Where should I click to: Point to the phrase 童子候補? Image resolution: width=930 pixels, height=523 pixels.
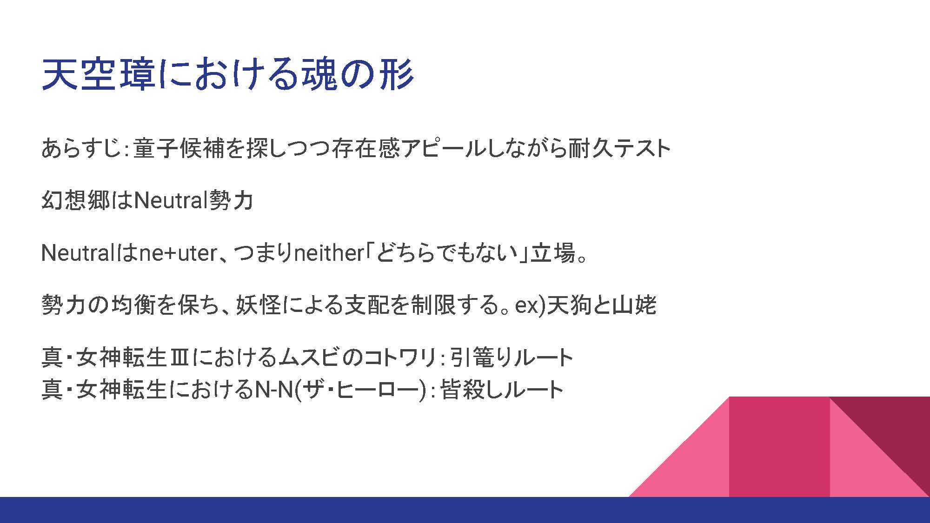click(x=179, y=149)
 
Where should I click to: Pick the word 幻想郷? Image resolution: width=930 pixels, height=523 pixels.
click(x=76, y=201)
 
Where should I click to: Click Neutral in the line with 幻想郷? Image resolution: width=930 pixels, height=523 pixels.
click(x=170, y=201)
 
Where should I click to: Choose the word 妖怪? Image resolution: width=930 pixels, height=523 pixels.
click(x=259, y=305)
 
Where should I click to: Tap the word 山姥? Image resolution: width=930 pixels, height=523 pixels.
click(x=634, y=305)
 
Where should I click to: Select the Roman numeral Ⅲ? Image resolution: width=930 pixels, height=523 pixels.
click(x=179, y=358)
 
